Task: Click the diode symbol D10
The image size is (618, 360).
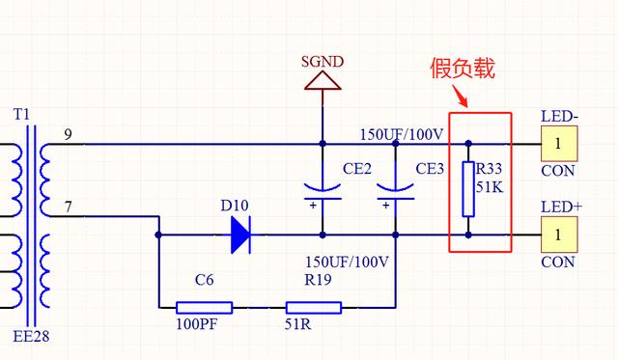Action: pyautogui.click(x=240, y=234)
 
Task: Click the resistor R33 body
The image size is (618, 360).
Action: pyautogui.click(x=468, y=189)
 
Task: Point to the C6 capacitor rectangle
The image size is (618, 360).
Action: pyautogui.click(x=204, y=308)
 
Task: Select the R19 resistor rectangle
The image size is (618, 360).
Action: pyautogui.click(x=313, y=308)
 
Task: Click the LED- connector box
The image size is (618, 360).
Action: pyautogui.click(x=558, y=145)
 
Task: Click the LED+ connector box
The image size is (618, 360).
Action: pyautogui.click(x=558, y=234)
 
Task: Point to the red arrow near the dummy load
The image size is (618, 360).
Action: pyautogui.click(x=464, y=97)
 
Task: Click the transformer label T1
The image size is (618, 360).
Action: pyautogui.click(x=22, y=114)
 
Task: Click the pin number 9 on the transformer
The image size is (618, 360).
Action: pyautogui.click(x=67, y=133)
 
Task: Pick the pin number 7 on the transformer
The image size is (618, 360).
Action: pyautogui.click(x=67, y=208)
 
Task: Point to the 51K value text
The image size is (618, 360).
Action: pyautogui.click(x=491, y=186)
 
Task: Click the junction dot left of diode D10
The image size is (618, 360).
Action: pyautogui.click(x=159, y=234)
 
